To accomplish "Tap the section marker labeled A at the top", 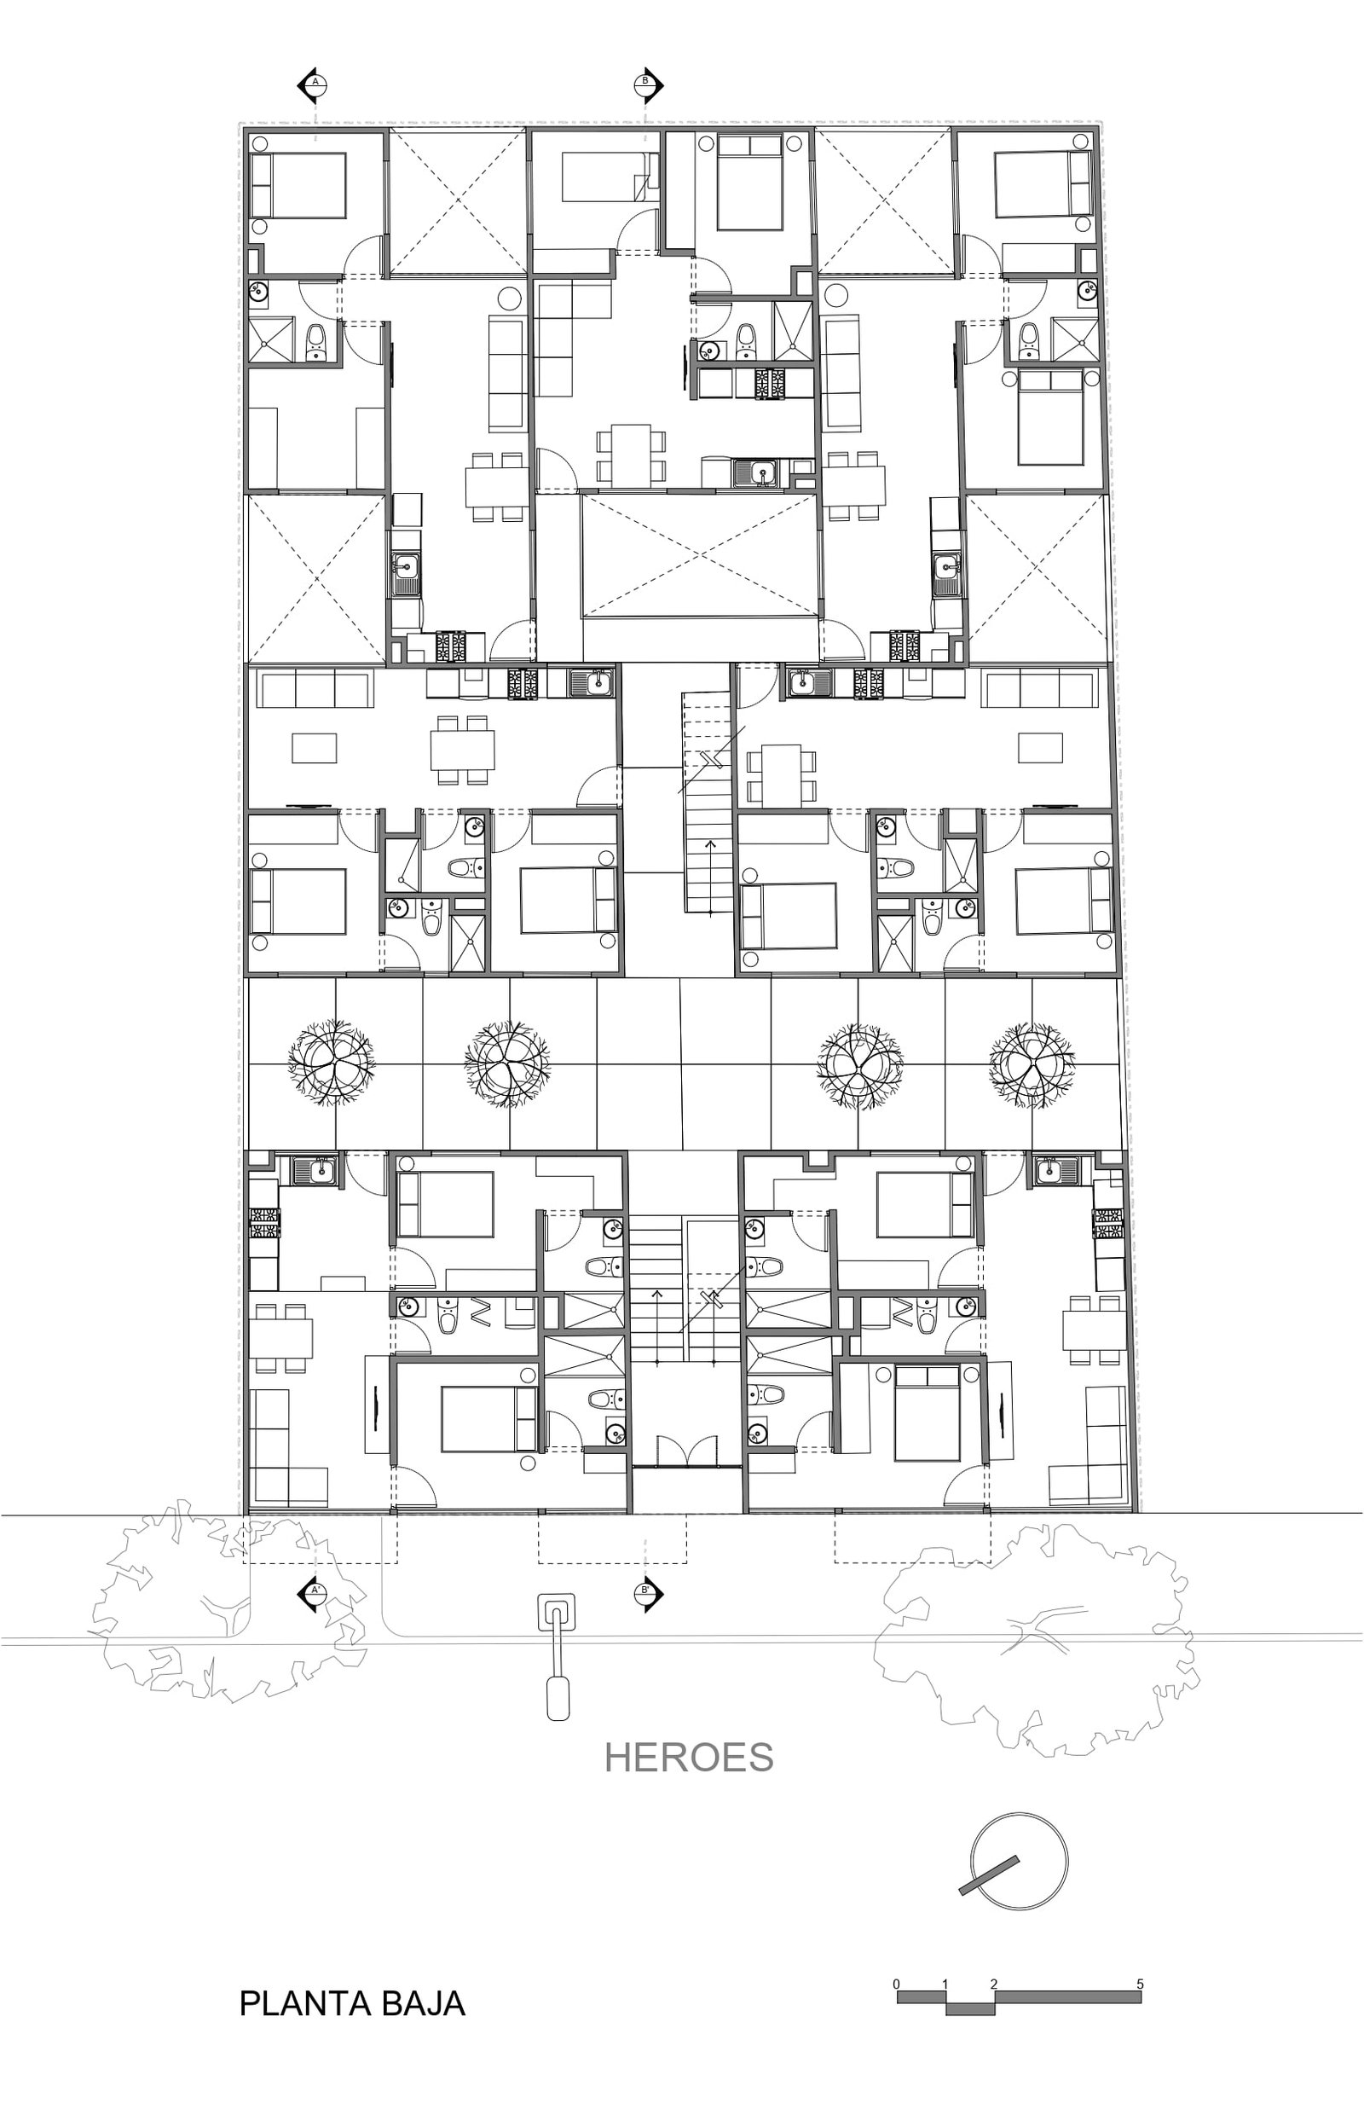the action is (315, 83).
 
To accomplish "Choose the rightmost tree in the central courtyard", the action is (1032, 1065).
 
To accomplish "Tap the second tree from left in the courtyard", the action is (507, 1065).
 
